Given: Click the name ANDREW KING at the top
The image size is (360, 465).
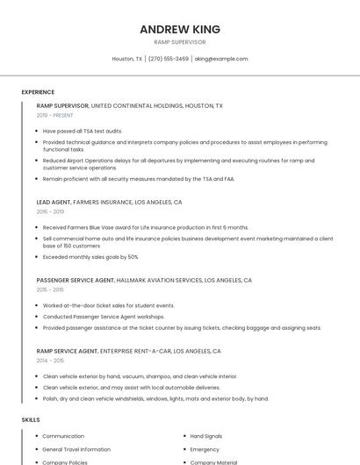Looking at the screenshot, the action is point(180,29).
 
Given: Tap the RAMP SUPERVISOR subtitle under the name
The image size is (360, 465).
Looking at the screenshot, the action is point(180,42).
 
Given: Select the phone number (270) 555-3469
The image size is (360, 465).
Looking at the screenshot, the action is point(169,59).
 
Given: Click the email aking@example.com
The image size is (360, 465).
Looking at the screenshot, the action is point(221,59).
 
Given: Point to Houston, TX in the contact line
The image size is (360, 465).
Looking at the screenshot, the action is point(127,59).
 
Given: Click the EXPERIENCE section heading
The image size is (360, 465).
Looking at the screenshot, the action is point(38,92).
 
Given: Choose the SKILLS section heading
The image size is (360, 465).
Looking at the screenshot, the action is point(31,419).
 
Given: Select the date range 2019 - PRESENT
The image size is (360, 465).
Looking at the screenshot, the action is point(54,115).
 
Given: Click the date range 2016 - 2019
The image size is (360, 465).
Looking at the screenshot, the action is point(50,211).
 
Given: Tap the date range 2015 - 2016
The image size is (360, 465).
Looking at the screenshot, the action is point(50,290).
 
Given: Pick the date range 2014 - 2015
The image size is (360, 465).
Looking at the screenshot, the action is point(50,361).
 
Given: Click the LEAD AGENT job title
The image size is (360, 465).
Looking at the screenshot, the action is point(54,202).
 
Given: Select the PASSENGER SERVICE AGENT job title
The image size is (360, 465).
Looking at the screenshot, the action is point(76,280).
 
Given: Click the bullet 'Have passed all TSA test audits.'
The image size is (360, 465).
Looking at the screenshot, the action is point(83,131).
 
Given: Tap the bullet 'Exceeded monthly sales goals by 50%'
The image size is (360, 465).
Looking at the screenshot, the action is point(90,257).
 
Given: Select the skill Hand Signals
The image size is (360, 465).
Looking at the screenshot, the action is point(206,436).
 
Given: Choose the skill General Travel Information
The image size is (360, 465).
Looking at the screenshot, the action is point(76,449).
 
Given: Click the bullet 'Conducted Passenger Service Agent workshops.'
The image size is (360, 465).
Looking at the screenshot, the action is point(104,317).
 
